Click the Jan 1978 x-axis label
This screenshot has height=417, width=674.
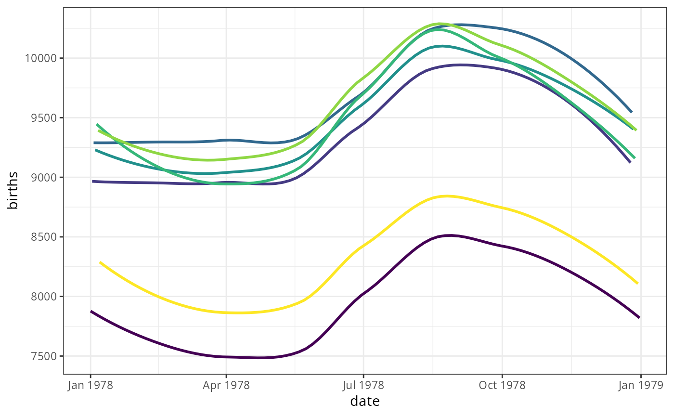[x=90, y=386]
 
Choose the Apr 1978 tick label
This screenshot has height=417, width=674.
[x=226, y=386]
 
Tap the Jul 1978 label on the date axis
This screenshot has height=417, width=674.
[x=363, y=386]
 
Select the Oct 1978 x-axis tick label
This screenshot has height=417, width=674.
[x=502, y=386]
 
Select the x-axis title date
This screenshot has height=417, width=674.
[x=364, y=402]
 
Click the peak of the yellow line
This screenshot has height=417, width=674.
[x=448, y=196]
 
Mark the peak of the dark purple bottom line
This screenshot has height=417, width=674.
[x=450, y=235]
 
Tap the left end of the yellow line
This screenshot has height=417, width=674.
[x=100, y=262]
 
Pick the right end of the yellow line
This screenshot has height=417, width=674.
[x=637, y=283]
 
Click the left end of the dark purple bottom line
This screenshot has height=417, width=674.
[x=91, y=312]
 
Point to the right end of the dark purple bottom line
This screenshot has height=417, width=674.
[x=639, y=317]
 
